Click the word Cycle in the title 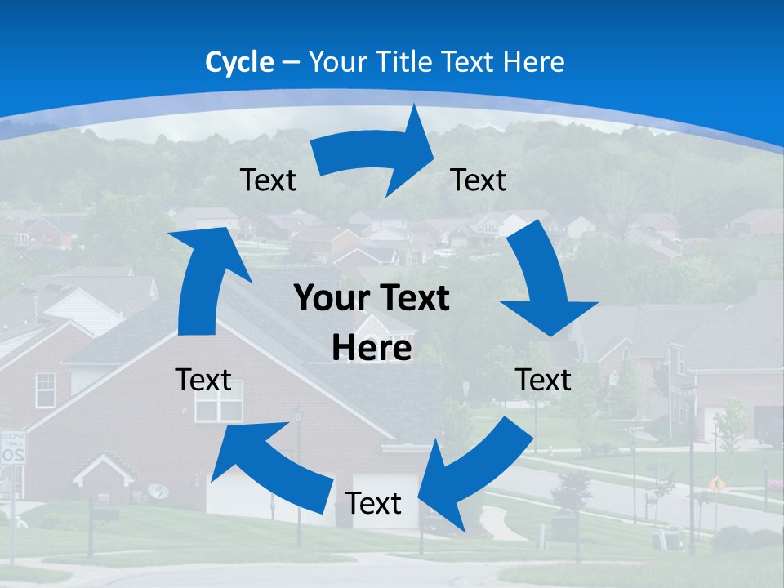pos(239,62)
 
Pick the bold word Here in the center pos(372,348)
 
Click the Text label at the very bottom pos(373,504)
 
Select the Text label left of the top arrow pos(268,180)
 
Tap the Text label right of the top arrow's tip pos(479,180)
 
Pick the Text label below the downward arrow pos(543,380)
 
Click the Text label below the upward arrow pos(203,380)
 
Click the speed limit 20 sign pos(12,449)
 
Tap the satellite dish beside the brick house pos(158,492)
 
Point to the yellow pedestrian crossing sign pos(716,483)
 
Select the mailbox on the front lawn pos(105,513)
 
